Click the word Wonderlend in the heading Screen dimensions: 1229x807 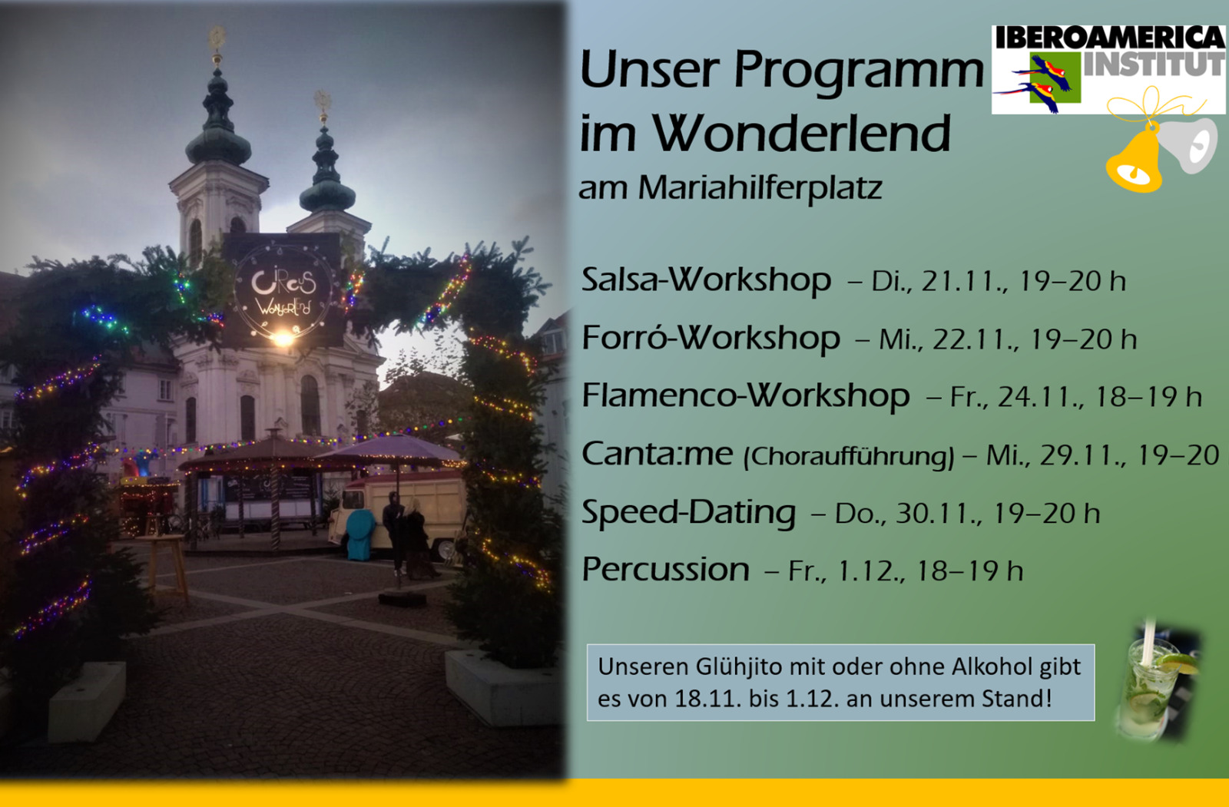[x=801, y=133]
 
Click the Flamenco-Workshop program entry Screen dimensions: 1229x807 [x=746, y=395]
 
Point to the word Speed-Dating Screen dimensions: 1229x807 [x=688, y=512]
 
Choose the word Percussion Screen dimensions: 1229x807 [x=665, y=569]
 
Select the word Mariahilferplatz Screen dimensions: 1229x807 [x=760, y=188]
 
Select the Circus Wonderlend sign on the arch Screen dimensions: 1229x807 [x=283, y=289]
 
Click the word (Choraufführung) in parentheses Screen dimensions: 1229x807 [x=849, y=456]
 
